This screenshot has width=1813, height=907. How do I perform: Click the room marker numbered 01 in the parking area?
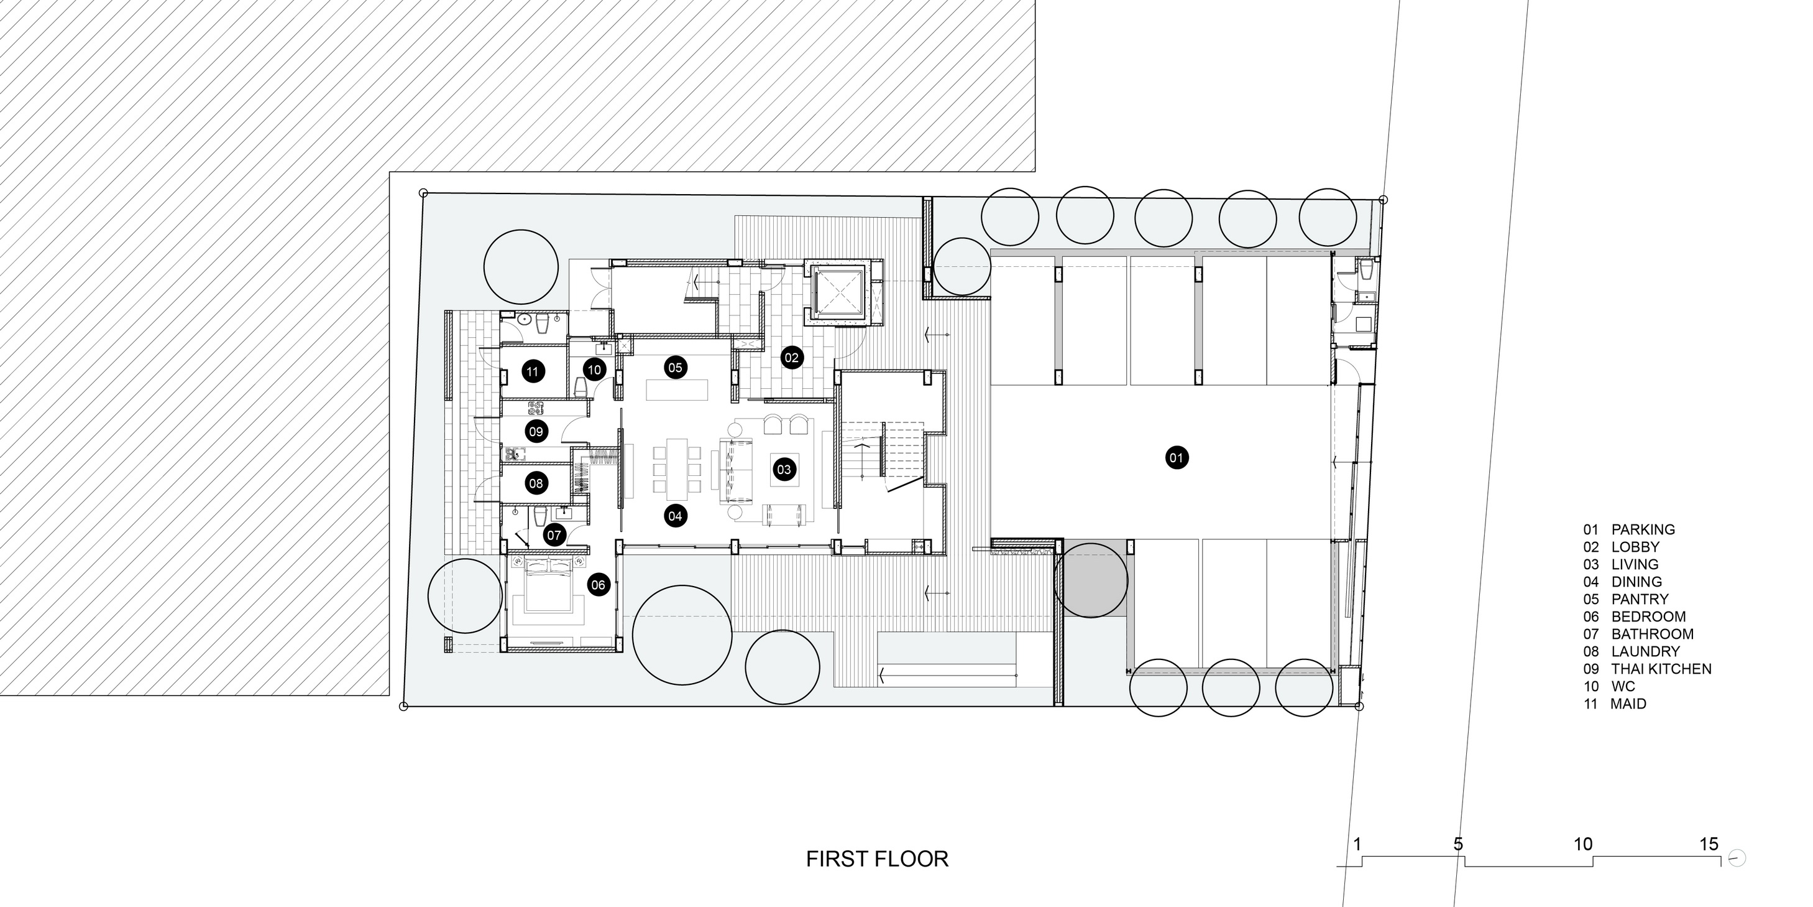pyautogui.click(x=1176, y=458)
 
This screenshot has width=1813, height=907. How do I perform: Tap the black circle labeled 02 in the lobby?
pyautogui.click(x=792, y=358)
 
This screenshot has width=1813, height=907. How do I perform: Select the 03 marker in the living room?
pyautogui.click(x=784, y=469)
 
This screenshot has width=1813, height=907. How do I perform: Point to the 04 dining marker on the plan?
pyautogui.click(x=675, y=516)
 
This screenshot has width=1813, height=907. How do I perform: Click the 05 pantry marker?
pyautogui.click(x=676, y=367)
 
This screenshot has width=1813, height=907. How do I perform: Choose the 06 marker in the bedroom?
pyautogui.click(x=599, y=585)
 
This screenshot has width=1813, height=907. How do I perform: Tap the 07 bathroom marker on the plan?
pyautogui.click(x=554, y=535)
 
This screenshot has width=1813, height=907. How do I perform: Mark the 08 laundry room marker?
pyautogui.click(x=536, y=483)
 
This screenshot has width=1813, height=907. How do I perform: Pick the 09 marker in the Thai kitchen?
pyautogui.click(x=536, y=432)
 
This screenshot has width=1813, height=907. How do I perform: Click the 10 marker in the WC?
pyautogui.click(x=594, y=370)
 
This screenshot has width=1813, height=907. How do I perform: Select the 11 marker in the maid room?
pyautogui.click(x=532, y=371)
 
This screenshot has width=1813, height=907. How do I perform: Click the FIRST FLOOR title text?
pyautogui.click(x=877, y=859)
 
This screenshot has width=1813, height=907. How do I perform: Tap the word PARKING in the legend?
pyautogui.click(x=1643, y=529)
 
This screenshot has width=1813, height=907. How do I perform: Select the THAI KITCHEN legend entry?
pyautogui.click(x=1662, y=669)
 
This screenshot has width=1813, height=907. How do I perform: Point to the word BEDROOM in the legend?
pyautogui.click(x=1649, y=617)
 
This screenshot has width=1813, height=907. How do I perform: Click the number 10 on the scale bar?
pyautogui.click(x=1583, y=844)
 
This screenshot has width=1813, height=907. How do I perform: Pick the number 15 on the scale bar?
pyautogui.click(x=1709, y=844)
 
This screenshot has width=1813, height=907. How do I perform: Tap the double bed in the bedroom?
pyautogui.click(x=548, y=584)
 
